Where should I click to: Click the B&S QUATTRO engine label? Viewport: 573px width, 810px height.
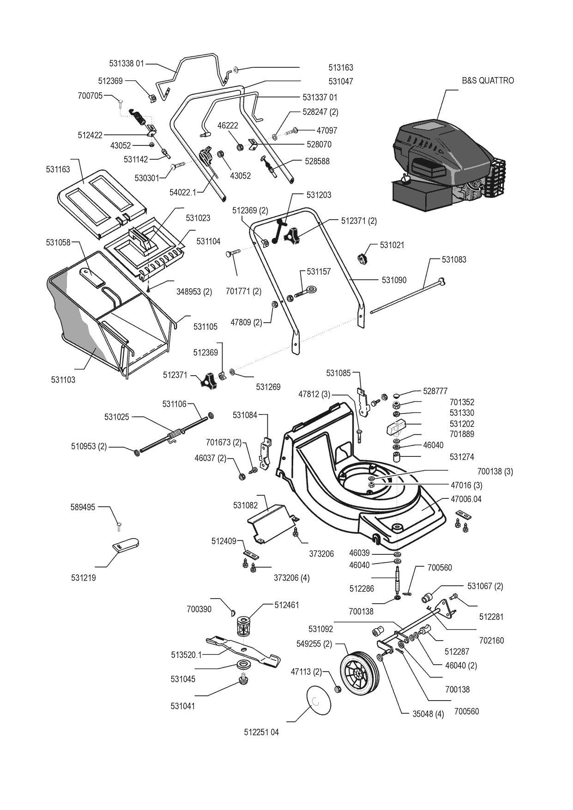pos(488,80)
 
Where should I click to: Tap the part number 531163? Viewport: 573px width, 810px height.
pos(58,169)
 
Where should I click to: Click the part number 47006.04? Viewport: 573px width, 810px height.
pos(466,499)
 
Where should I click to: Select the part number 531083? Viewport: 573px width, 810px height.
pos(454,260)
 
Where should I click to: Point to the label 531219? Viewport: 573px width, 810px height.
pos(84,578)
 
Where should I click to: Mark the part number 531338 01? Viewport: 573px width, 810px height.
pos(127,63)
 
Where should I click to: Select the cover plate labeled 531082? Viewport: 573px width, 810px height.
pos(271,523)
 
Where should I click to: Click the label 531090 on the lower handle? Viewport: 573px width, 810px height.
pos(394,280)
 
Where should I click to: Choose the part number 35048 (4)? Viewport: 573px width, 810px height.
pos(428,714)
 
